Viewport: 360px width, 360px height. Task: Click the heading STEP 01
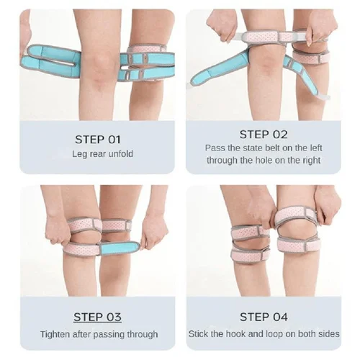(x=98, y=140)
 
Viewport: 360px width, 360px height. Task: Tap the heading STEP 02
(x=264, y=135)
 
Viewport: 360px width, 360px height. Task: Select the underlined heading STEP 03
(x=97, y=317)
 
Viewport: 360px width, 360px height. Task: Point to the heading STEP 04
(x=264, y=317)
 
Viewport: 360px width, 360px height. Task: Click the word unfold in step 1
(x=121, y=154)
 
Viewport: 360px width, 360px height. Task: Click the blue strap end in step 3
(x=120, y=249)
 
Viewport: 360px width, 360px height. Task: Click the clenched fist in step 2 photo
(x=221, y=27)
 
